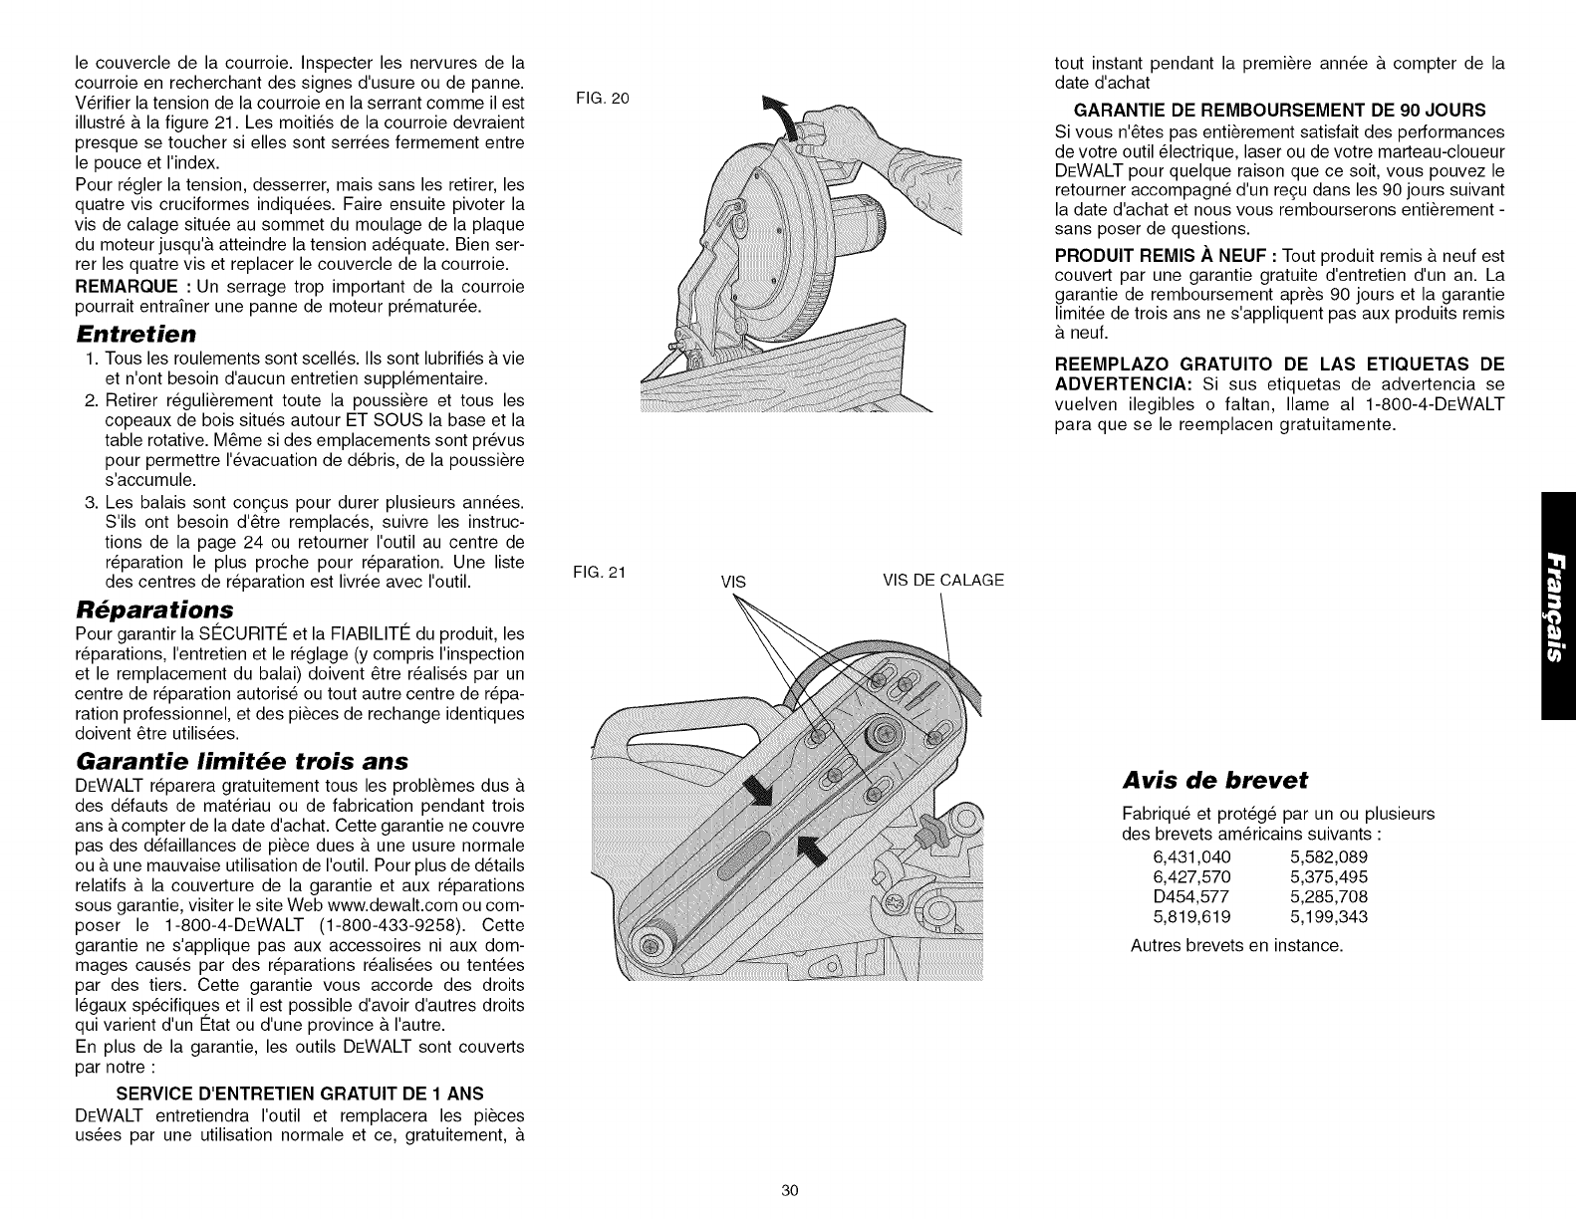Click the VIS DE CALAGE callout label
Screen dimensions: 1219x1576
[943, 581]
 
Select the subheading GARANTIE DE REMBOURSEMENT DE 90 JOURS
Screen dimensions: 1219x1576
[1279, 110]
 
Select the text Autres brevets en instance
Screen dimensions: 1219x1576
[1237, 944]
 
